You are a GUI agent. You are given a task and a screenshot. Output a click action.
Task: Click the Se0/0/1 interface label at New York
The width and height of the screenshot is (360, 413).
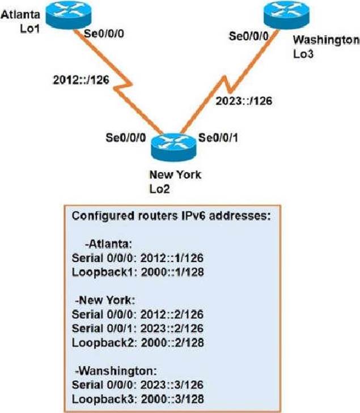(218, 138)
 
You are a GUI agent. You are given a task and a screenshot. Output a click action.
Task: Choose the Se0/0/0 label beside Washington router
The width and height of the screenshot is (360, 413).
(247, 36)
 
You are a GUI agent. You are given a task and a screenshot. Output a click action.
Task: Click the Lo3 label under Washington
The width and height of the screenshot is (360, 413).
(302, 54)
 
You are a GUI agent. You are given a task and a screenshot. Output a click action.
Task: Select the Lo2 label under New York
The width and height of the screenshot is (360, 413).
(160, 187)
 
